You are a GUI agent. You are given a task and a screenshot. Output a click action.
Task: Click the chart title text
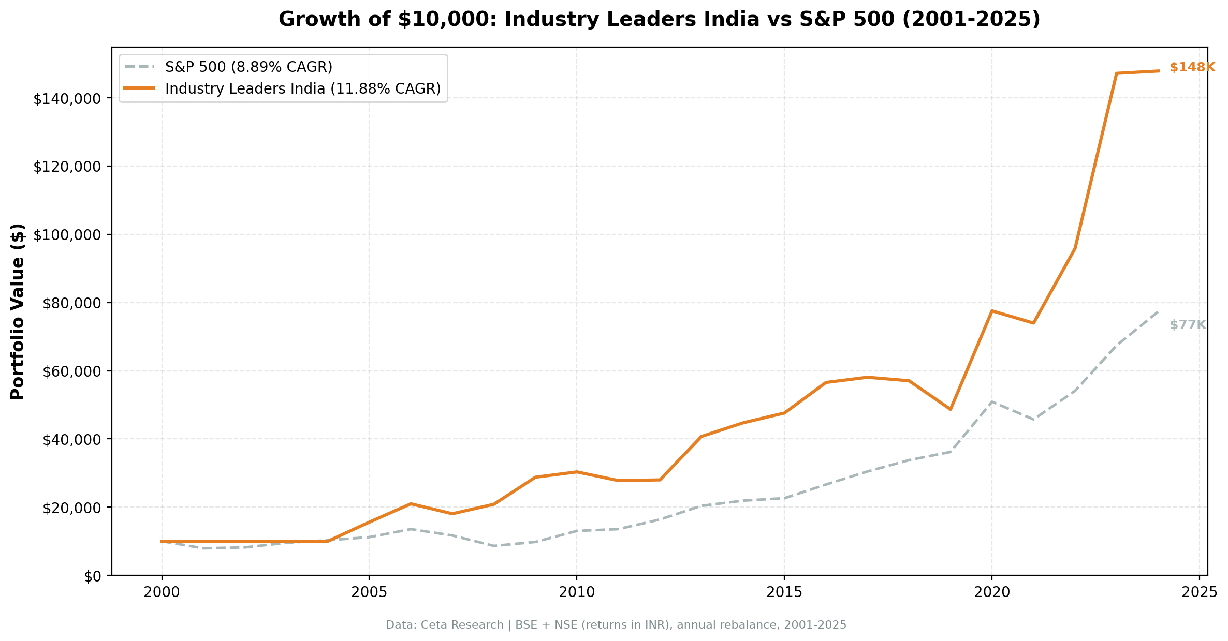tap(659, 20)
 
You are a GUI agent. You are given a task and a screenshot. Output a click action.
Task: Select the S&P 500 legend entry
tap(248, 67)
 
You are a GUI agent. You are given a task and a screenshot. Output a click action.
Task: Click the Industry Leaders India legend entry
tap(302, 89)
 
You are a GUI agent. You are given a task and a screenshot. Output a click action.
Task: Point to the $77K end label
tap(1188, 325)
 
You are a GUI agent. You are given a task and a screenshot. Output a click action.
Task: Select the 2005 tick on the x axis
tap(369, 593)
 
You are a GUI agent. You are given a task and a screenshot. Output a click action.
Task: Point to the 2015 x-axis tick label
tap(784, 593)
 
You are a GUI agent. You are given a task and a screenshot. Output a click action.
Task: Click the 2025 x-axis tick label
tap(1199, 593)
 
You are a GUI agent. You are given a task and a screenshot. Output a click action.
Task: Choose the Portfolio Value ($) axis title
tap(18, 311)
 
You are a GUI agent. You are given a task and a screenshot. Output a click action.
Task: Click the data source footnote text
tap(616, 625)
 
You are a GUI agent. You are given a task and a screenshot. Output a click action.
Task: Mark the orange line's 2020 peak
tap(991, 310)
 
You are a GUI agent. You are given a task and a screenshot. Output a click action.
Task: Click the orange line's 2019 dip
tap(951, 409)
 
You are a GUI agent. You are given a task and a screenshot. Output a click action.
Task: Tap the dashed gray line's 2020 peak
tap(991, 401)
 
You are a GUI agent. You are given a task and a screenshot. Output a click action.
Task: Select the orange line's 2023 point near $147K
tap(1116, 73)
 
